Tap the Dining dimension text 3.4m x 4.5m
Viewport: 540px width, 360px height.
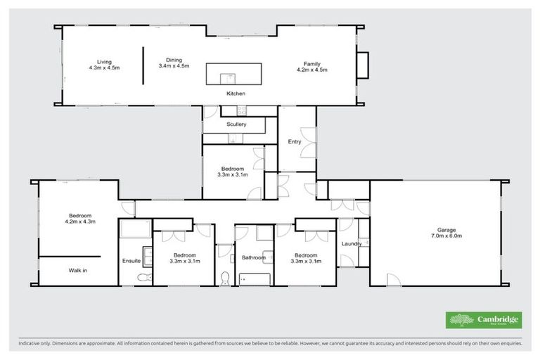pyautogui.click(x=174, y=66)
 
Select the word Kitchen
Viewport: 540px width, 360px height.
pyautogui.click(x=236, y=94)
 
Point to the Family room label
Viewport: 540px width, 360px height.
pyautogui.click(x=312, y=63)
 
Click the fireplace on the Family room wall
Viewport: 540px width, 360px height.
pyautogui.click(x=363, y=65)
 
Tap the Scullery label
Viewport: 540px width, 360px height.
pyautogui.click(x=236, y=124)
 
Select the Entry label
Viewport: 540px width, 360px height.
pyautogui.click(x=295, y=141)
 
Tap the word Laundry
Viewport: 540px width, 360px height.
pyautogui.click(x=351, y=244)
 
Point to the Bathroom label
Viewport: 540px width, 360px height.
pyautogui.click(x=253, y=257)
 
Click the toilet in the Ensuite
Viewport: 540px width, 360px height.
pyautogui.click(x=143, y=278)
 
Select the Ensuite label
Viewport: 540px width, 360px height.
pyautogui.click(x=131, y=262)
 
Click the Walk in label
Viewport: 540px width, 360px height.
pyautogui.click(x=78, y=270)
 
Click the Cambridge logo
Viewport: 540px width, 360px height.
pyautogui.click(x=484, y=320)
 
